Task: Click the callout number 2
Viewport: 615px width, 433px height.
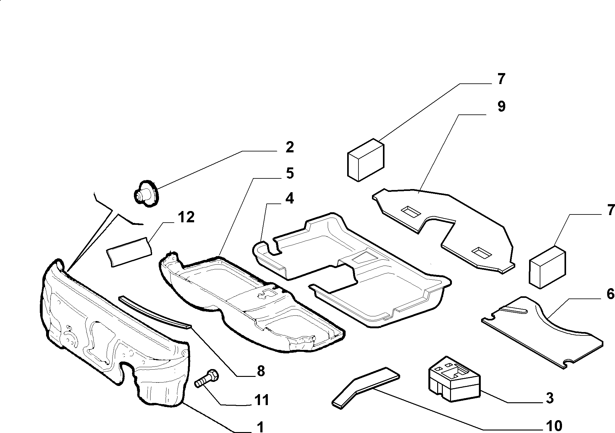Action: pos(289,147)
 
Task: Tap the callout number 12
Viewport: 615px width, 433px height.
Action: pos(186,217)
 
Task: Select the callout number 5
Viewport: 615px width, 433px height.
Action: pos(289,173)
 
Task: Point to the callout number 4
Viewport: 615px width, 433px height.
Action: pos(289,198)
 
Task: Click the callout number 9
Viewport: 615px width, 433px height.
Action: pos(501,107)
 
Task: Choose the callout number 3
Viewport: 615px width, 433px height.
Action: pos(549,398)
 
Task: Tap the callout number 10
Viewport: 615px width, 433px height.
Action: pos(554,426)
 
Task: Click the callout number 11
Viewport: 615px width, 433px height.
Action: pos(261,400)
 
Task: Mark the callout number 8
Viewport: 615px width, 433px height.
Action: pos(261,372)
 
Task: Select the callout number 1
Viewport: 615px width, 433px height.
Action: pos(260,427)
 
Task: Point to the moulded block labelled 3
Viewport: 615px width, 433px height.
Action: pos(454,378)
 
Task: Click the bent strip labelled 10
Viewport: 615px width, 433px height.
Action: pos(366,387)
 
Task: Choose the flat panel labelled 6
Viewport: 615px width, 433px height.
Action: pos(542,332)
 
